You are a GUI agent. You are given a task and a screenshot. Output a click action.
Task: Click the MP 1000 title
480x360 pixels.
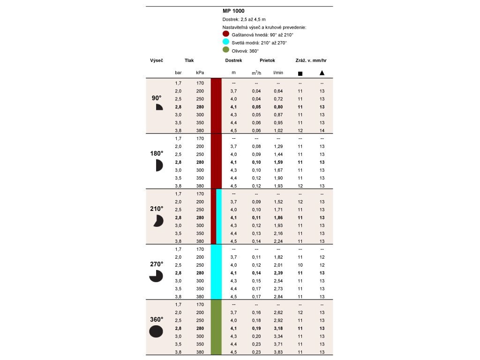pyautogui.click(x=233, y=11)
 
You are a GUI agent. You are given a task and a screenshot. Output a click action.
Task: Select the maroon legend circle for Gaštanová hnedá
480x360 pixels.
pyautogui.click(x=226, y=34)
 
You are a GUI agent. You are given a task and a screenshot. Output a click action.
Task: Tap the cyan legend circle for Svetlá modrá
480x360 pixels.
pyautogui.click(x=226, y=42)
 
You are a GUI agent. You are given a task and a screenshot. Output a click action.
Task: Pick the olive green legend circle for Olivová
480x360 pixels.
pyautogui.click(x=226, y=50)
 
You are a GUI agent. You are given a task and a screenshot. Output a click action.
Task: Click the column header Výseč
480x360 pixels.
pyautogui.click(x=156, y=60)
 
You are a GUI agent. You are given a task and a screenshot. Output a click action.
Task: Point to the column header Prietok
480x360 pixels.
pyautogui.click(x=267, y=60)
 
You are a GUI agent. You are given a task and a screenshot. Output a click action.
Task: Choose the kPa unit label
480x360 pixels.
pyautogui.click(x=200, y=73)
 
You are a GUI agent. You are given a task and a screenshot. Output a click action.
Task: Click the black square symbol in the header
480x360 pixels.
pyautogui.click(x=300, y=73)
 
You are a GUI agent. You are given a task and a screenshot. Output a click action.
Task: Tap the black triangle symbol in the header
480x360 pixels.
pyautogui.click(x=322, y=73)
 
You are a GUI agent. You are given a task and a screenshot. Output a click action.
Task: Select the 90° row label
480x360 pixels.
pyautogui.click(x=157, y=98)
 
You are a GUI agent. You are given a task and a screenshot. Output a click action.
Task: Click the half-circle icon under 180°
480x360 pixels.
pyautogui.click(x=158, y=165)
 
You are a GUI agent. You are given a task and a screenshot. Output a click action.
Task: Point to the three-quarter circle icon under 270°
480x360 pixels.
pyautogui.click(x=156, y=277)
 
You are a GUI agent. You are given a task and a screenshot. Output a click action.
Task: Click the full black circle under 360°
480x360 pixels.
pyautogui.click(x=156, y=331)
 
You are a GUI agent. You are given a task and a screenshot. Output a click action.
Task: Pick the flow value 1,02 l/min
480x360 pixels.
pyautogui.click(x=278, y=130)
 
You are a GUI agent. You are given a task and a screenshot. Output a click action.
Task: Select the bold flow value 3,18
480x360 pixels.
pyautogui.click(x=278, y=328)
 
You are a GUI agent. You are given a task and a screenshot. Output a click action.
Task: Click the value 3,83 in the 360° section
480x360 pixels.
pyautogui.click(x=278, y=352)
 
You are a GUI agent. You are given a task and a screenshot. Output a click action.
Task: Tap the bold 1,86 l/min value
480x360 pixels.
pyautogui.click(x=278, y=217)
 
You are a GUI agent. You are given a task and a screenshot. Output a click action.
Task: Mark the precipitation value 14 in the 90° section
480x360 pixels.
pyautogui.click(x=322, y=130)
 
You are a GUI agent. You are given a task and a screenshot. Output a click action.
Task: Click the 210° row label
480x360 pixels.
pyautogui.click(x=157, y=209)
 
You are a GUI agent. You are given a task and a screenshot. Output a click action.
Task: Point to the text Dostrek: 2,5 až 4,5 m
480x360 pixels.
pyautogui.click(x=244, y=19)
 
